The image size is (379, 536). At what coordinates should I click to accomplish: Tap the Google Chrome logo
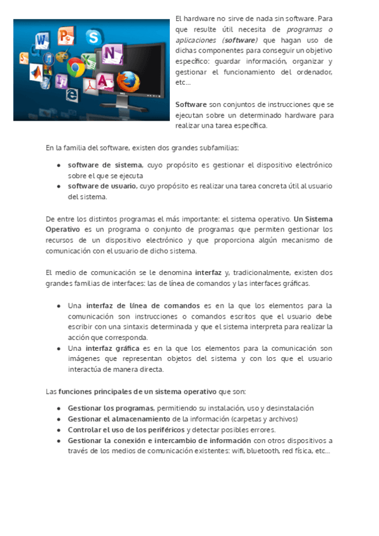click(76, 67)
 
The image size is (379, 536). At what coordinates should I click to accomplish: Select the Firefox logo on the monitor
click(127, 80)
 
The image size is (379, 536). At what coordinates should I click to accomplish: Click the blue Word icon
click(43, 40)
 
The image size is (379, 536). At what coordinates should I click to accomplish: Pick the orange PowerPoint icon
click(66, 36)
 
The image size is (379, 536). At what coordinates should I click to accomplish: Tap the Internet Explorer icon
click(72, 94)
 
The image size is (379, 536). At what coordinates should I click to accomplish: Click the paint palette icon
click(61, 57)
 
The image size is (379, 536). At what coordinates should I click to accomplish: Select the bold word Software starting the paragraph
click(191, 104)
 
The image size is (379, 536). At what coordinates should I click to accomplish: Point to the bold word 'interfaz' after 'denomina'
click(208, 272)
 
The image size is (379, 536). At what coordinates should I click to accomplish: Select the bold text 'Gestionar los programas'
click(110, 408)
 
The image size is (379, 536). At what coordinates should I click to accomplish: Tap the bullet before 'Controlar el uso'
click(59, 429)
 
